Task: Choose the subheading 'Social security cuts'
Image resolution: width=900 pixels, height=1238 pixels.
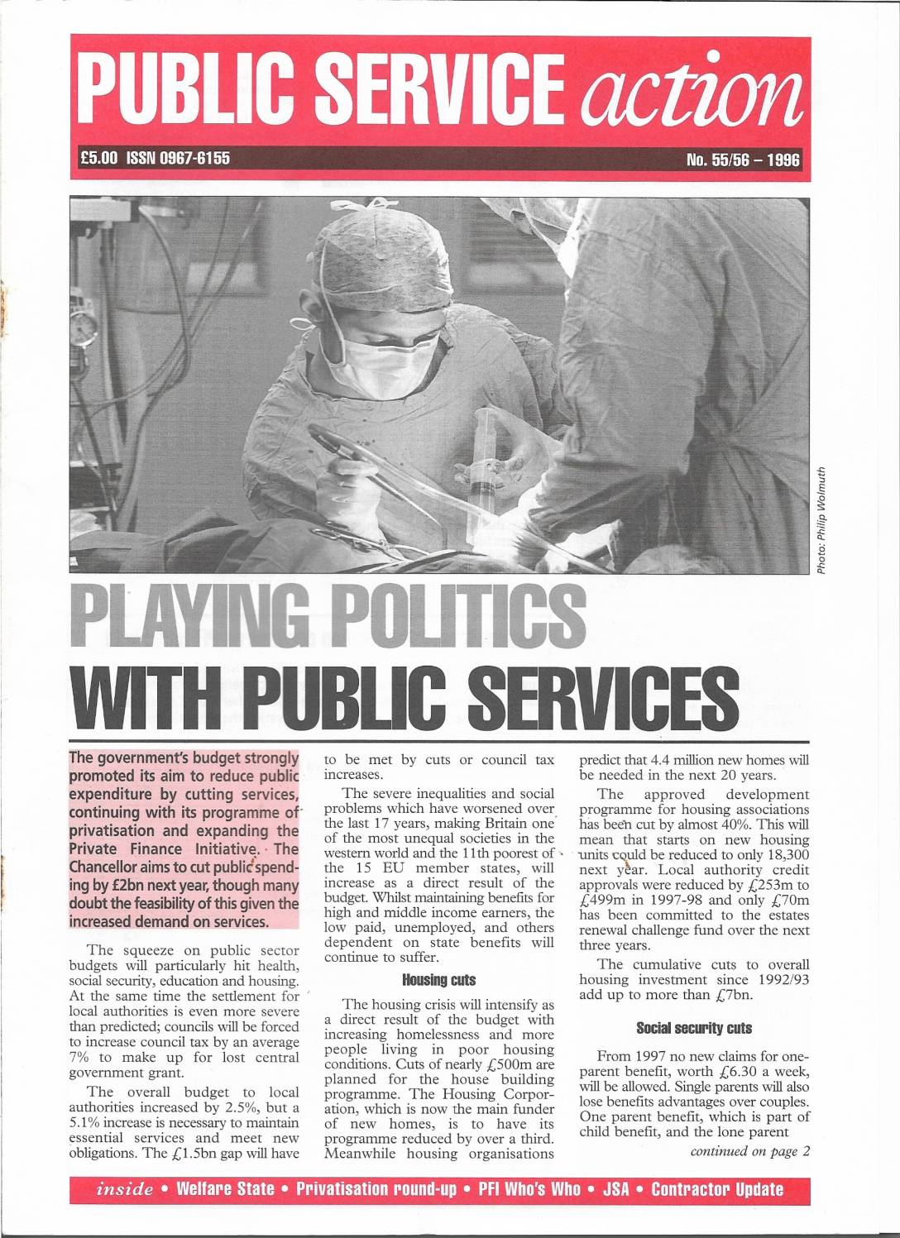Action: coord(694,1028)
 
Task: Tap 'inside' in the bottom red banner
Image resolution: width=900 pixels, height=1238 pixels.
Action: coord(126,1190)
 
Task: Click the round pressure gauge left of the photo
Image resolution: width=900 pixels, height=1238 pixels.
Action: coord(82,332)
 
